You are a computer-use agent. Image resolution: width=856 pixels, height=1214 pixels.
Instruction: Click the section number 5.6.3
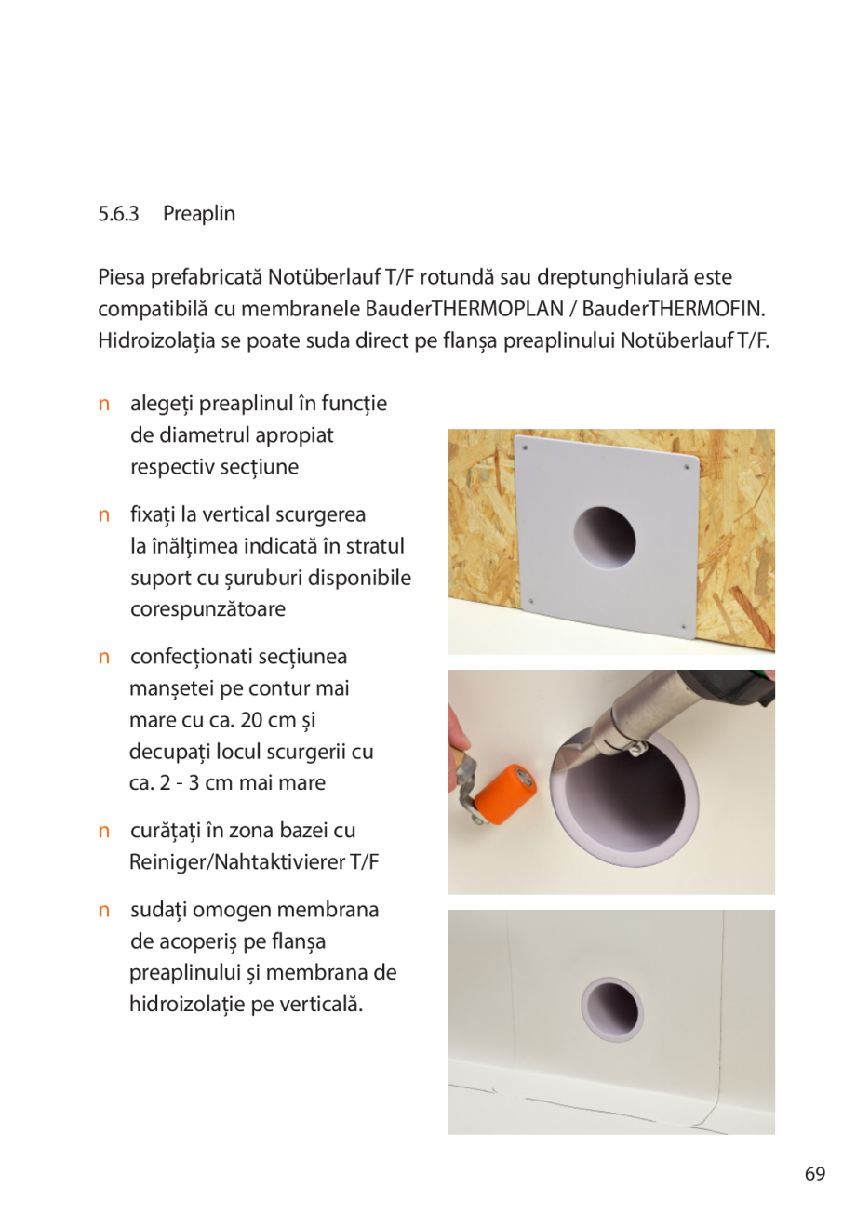click(118, 214)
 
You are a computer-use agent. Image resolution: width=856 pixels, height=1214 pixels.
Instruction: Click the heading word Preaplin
click(199, 214)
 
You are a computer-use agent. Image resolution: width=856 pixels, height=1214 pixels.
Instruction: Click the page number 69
click(815, 1174)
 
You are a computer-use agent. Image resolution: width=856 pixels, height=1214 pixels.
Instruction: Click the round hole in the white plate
click(604, 540)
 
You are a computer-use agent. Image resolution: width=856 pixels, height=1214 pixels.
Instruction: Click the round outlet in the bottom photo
click(611, 1008)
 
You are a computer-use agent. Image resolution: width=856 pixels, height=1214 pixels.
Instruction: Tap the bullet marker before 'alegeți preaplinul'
click(106, 404)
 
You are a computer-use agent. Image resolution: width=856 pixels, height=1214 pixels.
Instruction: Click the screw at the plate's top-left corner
click(527, 448)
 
